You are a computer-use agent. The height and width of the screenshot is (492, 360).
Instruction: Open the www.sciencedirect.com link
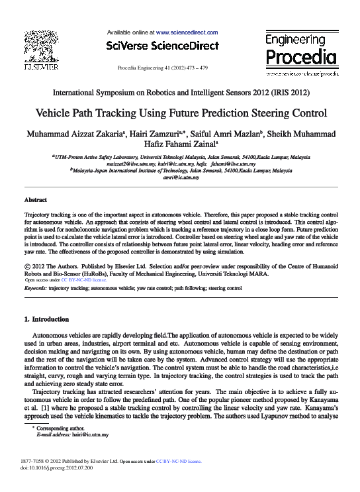pos(186,32)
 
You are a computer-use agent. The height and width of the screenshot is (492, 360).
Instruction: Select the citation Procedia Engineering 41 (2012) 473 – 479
pos(162,68)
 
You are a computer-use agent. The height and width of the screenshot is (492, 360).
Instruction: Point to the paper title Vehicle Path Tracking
pos(180,113)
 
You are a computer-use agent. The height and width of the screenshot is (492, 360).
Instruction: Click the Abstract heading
pos(35,199)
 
